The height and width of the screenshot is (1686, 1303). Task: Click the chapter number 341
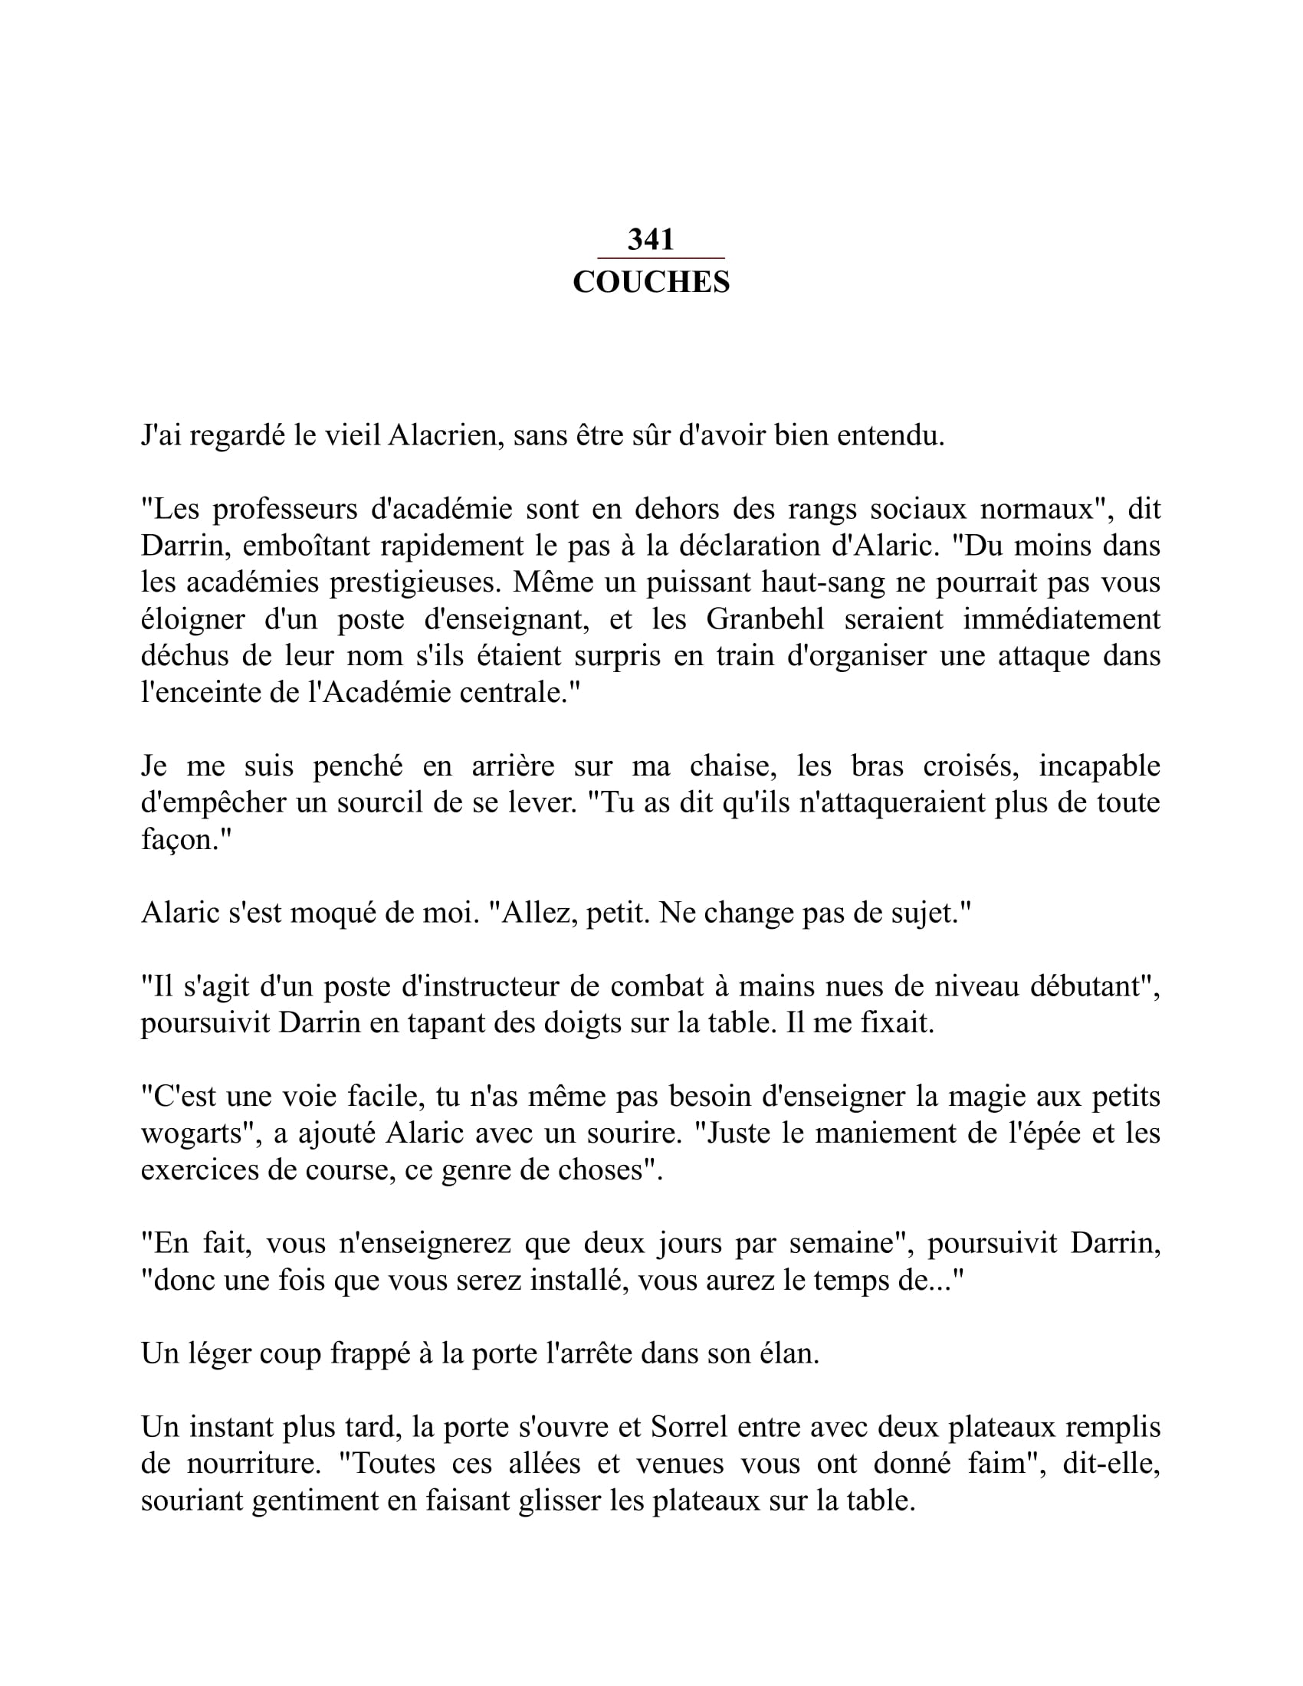coord(651,240)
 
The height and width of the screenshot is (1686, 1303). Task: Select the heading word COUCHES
coord(651,283)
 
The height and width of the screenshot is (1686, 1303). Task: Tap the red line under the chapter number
coord(661,258)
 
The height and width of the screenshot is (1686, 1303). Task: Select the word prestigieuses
coord(415,583)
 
